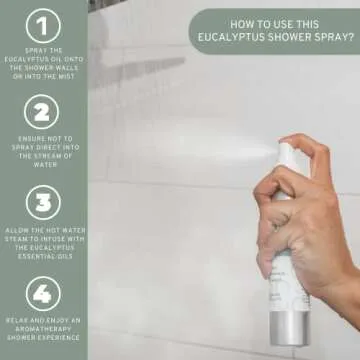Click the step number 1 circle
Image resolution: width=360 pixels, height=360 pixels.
(x=43, y=25)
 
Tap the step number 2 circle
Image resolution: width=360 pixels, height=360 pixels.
(x=43, y=114)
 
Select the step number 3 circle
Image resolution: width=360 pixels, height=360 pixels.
(x=43, y=204)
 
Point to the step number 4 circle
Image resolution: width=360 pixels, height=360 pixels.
(x=43, y=293)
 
